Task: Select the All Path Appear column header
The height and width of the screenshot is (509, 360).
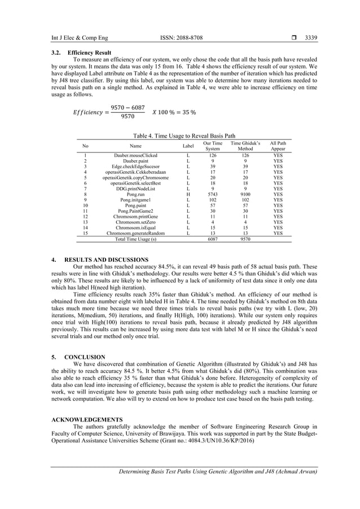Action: click(x=278, y=146)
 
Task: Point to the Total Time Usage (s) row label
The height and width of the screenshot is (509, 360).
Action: click(x=136, y=239)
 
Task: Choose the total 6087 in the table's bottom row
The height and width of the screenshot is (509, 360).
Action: click(x=212, y=239)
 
